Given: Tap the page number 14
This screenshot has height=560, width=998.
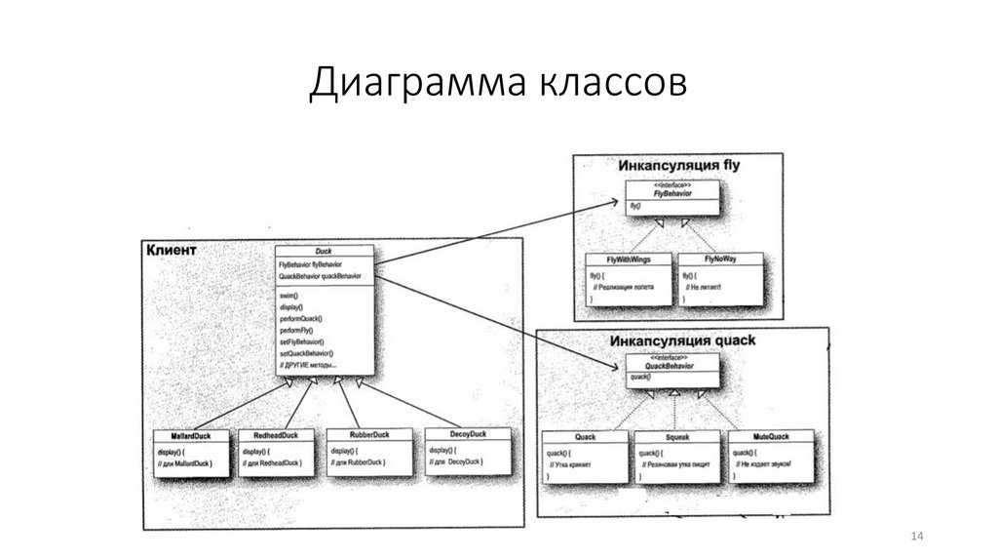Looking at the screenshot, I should pyautogui.click(x=915, y=538).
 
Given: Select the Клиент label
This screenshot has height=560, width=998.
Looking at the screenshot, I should pyautogui.click(x=172, y=251).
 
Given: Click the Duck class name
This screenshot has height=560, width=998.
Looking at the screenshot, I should pyautogui.click(x=324, y=251).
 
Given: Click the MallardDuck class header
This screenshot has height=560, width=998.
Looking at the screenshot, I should pyautogui.click(x=192, y=434).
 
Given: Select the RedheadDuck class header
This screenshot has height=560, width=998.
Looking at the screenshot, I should pyautogui.click(x=276, y=434).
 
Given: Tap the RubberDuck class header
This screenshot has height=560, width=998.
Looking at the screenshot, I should pyautogui.click(x=365, y=434).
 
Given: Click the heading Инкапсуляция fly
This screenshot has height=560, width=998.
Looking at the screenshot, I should pyautogui.click(x=679, y=165).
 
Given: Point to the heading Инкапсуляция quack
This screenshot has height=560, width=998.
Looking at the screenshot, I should pyautogui.click(x=682, y=341).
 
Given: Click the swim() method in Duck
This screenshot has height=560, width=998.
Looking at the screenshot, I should pyautogui.click(x=289, y=295).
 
